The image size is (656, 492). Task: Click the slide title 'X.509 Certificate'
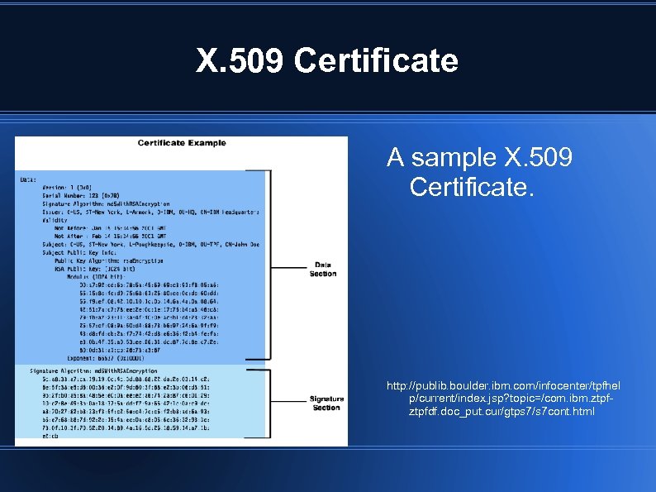pos(327,60)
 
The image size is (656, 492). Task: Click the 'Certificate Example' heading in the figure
pos(181,143)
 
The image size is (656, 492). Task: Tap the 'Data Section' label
pos(323,269)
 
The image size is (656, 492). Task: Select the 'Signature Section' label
pos(326,403)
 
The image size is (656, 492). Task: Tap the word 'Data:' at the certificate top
pos(28,179)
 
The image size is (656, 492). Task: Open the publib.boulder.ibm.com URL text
pos(502,399)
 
